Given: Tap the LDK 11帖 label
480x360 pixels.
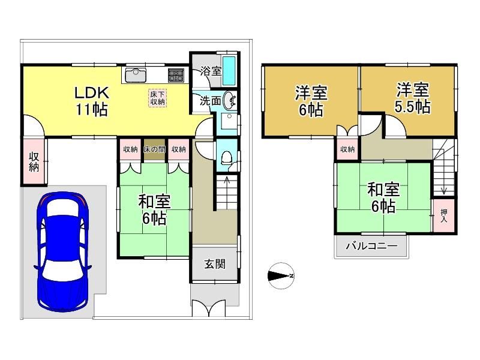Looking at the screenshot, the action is point(92,101).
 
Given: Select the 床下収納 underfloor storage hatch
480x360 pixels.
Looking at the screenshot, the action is point(157,98).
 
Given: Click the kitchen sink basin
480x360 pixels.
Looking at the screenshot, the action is point(135,76).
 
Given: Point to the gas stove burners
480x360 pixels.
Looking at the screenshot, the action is point(176,75).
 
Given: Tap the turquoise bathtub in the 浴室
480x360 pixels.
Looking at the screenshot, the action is point(229,70).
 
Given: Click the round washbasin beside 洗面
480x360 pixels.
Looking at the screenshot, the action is point(229,100).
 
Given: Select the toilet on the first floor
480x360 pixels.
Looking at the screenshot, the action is point(227,158).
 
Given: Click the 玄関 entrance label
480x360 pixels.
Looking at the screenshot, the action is point(215,264).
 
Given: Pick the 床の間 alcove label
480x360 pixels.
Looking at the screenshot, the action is point(155,149).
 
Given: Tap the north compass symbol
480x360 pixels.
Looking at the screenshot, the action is point(281,276).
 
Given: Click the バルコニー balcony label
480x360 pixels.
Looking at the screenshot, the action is point(371,246).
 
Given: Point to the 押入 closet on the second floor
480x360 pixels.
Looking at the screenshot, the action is point(443,215).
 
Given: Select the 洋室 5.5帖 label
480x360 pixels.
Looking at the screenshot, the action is point(412,98).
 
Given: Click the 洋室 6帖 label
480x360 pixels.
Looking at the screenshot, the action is point(311,101).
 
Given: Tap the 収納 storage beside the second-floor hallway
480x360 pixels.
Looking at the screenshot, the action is point(347,149).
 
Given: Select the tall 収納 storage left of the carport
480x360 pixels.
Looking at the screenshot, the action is point(34,162).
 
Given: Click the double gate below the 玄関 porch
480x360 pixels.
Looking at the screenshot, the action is point(209,308).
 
